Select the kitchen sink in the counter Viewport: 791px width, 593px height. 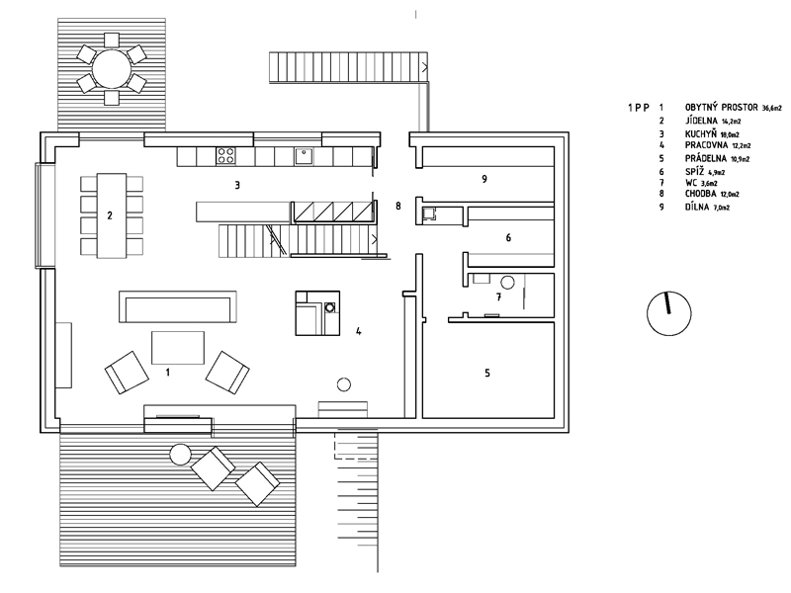[x=307, y=154]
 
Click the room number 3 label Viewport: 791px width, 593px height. [x=237, y=184]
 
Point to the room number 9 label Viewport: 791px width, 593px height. [x=483, y=179]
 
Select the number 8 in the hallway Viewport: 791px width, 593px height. [x=397, y=206]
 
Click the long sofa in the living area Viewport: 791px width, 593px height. [x=178, y=306]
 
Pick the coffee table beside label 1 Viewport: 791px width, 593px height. [x=178, y=347]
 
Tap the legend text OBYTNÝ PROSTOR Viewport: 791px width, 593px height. [x=721, y=105]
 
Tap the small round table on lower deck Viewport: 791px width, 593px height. [x=180, y=456]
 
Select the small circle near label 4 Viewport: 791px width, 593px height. [x=345, y=383]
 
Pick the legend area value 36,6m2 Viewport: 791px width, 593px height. [x=778, y=106]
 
